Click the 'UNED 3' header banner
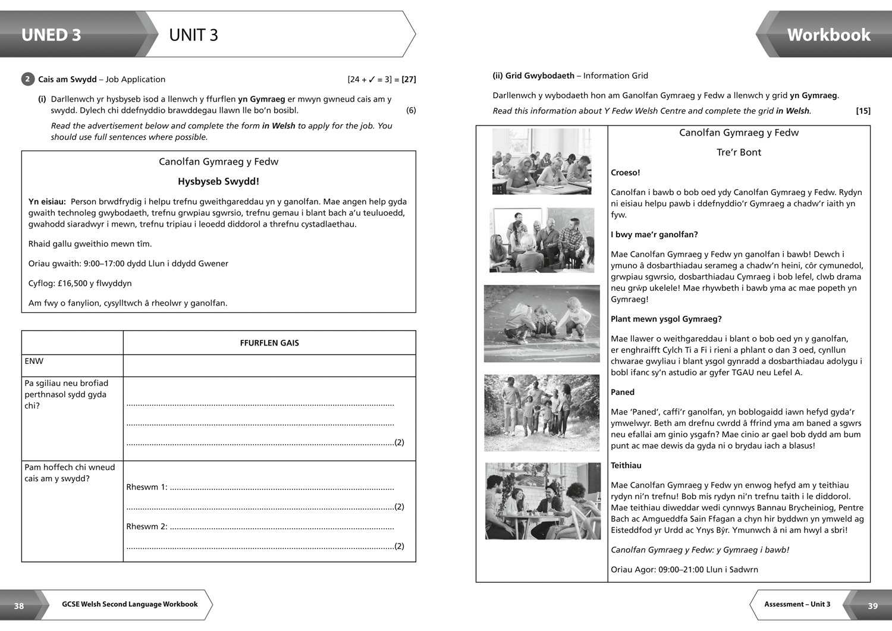coord(51,35)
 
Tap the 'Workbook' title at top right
coord(828,35)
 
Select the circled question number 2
coord(27,79)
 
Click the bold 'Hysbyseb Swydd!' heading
coord(218,181)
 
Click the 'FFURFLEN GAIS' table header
coord(269,343)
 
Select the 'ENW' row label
coord(34,361)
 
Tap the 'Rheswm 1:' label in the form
coord(147,487)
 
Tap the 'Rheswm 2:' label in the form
coord(147,526)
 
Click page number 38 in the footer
coord(19,605)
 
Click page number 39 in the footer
coord(872,605)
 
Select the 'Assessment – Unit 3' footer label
coord(797,604)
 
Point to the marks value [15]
coord(863,111)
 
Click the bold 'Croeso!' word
coord(626,172)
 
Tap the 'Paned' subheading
coord(623,392)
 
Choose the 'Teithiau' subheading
coord(626,465)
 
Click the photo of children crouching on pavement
coord(542,324)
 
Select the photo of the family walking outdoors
coord(542,413)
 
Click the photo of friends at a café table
coord(542,501)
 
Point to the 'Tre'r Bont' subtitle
coord(739,152)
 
